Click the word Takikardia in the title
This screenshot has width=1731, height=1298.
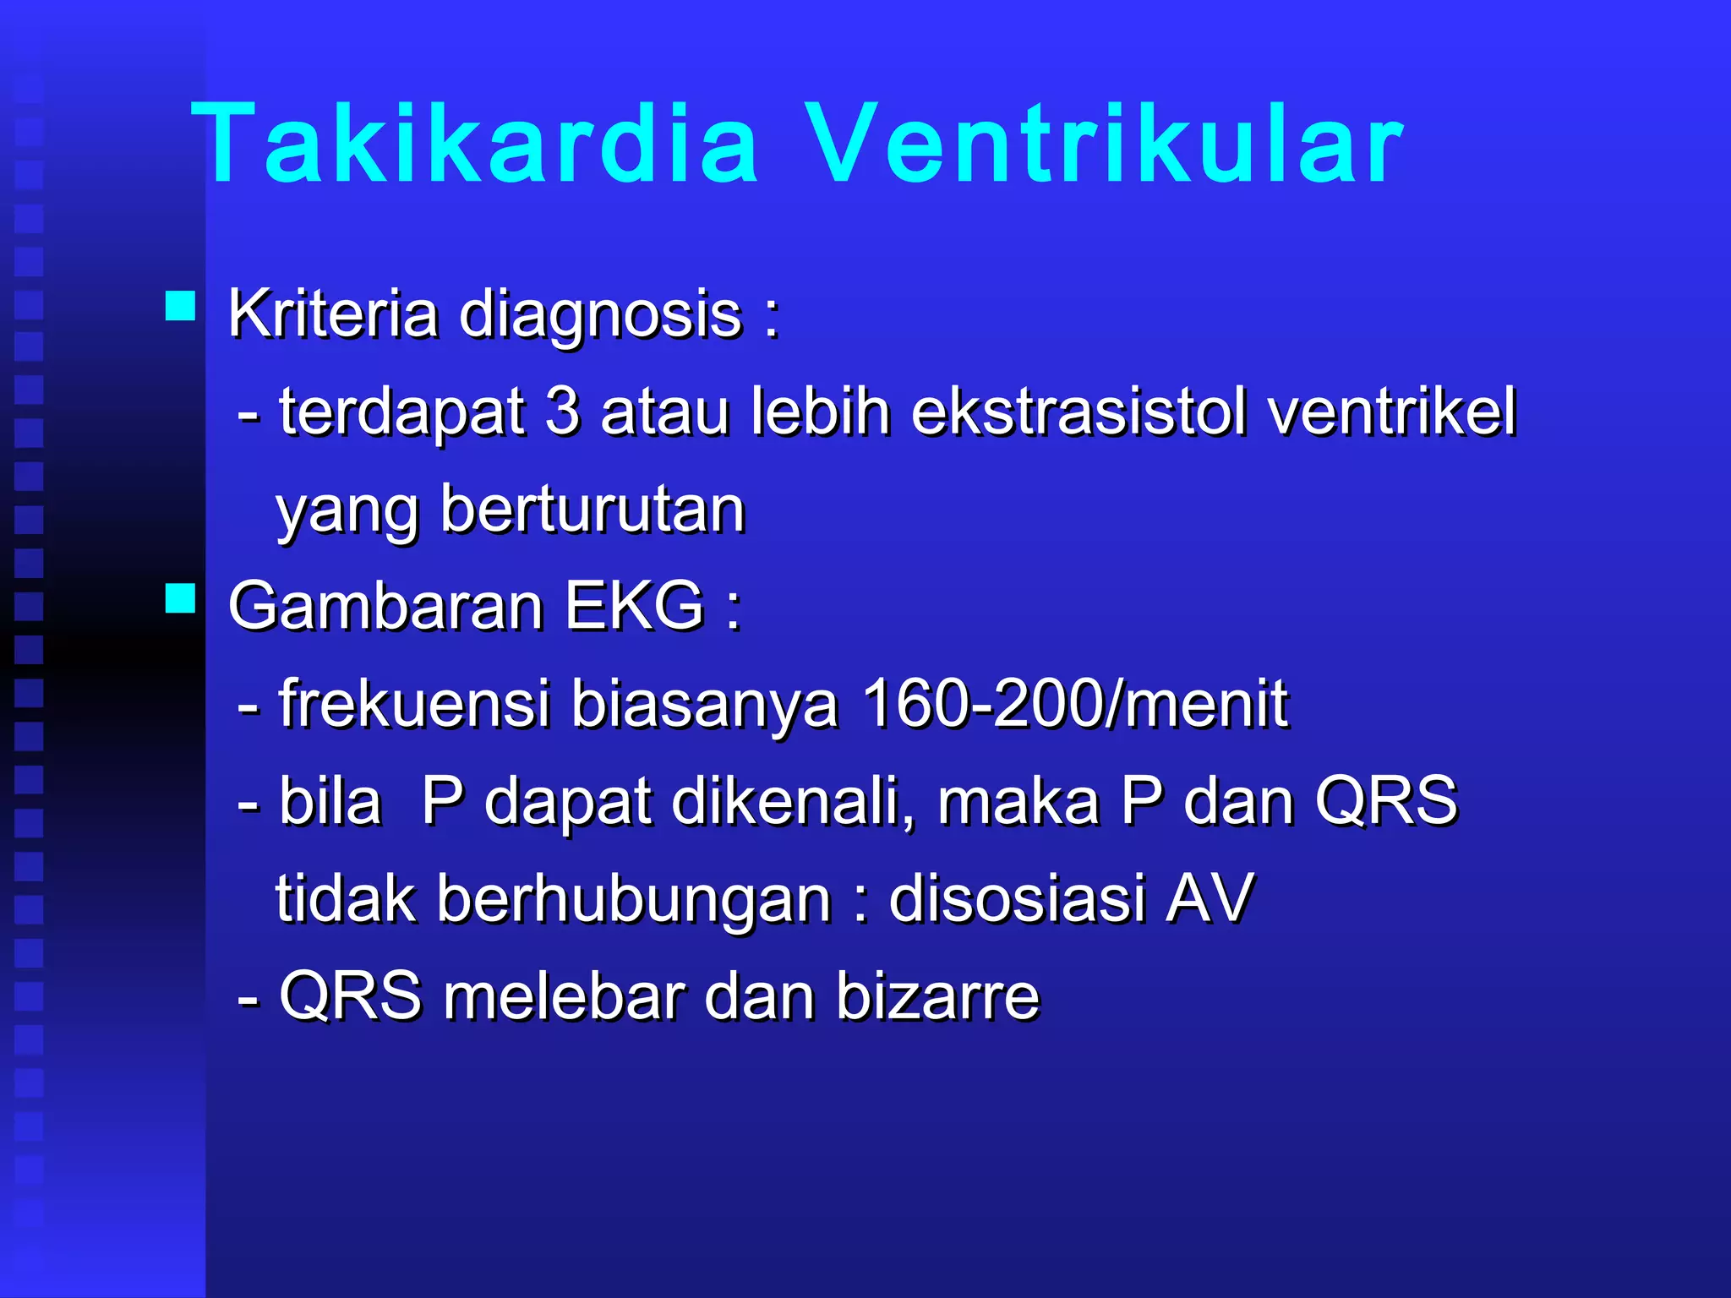coord(475,144)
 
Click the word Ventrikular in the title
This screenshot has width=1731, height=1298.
coord(1101,144)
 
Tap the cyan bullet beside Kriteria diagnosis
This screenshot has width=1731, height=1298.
coord(180,305)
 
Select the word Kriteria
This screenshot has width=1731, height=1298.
coord(333,314)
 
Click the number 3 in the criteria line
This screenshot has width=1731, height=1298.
coord(563,412)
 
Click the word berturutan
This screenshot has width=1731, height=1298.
coord(592,510)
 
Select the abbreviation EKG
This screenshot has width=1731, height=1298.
coord(634,607)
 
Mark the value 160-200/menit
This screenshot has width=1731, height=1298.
coord(1074,704)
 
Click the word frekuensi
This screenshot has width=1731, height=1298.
coord(414,704)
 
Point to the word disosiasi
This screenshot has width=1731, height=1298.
coord(1016,898)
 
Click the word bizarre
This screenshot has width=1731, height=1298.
coord(937,997)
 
